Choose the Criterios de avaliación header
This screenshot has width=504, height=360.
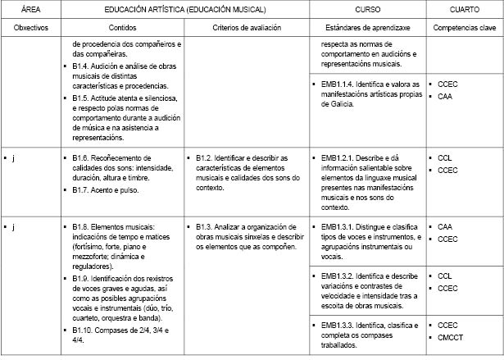pyautogui.click(x=246, y=27)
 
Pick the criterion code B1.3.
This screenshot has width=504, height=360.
pyautogui.click(x=206, y=226)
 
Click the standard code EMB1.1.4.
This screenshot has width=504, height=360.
pyautogui.click(x=337, y=84)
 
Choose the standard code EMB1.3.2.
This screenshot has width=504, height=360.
pyautogui.click(x=337, y=276)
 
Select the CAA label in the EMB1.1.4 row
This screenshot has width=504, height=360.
pyautogui.click(x=445, y=96)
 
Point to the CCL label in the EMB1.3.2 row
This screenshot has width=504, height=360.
pyautogui.click(x=445, y=276)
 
